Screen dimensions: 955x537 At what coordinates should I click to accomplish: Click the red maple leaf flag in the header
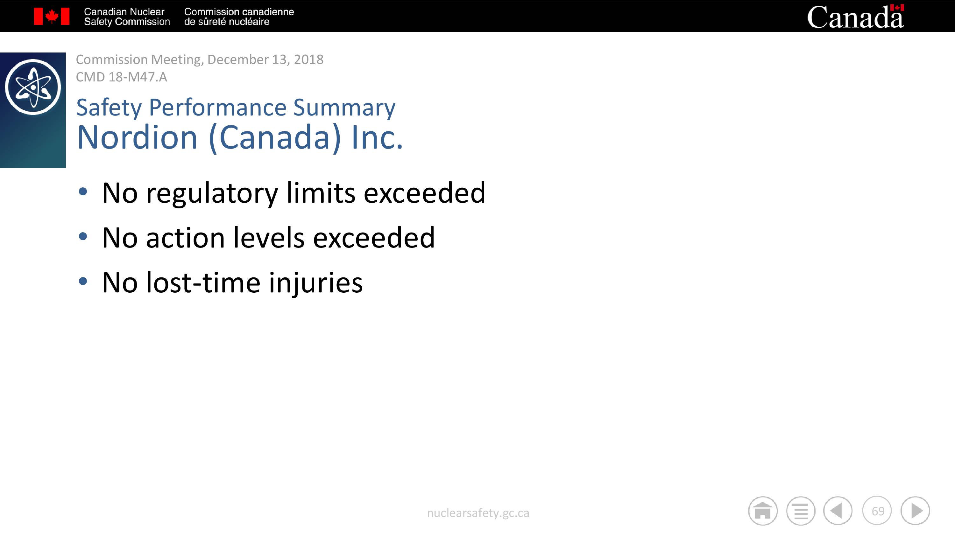52,16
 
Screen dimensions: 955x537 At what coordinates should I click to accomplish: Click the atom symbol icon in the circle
33,87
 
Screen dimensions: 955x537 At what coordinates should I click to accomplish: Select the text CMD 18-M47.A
122,77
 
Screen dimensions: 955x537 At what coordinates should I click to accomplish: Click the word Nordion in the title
137,137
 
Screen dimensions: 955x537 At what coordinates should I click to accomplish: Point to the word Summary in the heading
344,108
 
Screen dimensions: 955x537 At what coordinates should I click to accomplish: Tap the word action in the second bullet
185,238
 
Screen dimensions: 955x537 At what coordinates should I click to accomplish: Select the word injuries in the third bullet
315,283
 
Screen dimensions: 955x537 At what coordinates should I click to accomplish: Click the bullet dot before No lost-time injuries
83,281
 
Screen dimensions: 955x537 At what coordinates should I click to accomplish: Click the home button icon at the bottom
763,511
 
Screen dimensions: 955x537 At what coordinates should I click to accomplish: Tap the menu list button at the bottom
801,511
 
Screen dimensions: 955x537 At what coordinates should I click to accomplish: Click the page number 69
878,511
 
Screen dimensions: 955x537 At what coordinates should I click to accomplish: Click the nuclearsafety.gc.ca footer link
478,513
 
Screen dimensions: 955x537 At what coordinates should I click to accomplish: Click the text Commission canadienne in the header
239,12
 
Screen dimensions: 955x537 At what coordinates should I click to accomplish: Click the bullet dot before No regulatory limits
83,192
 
